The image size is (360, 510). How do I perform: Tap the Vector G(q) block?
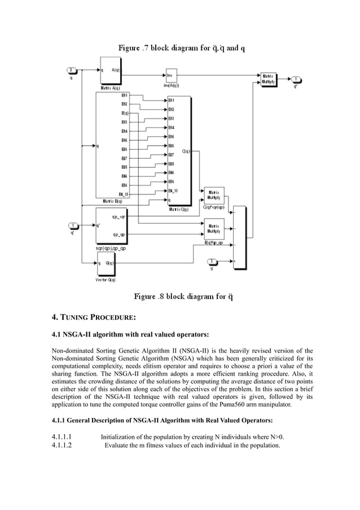click(x=108, y=264)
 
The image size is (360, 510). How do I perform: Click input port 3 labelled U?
click(x=212, y=261)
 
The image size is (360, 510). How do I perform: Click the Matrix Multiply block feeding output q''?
click(x=267, y=79)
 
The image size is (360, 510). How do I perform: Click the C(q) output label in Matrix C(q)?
click(x=186, y=151)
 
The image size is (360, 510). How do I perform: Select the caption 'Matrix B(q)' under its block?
click(x=111, y=201)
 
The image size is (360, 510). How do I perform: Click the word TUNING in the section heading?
click(x=79, y=316)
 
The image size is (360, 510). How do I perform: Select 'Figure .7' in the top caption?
click(x=133, y=49)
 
